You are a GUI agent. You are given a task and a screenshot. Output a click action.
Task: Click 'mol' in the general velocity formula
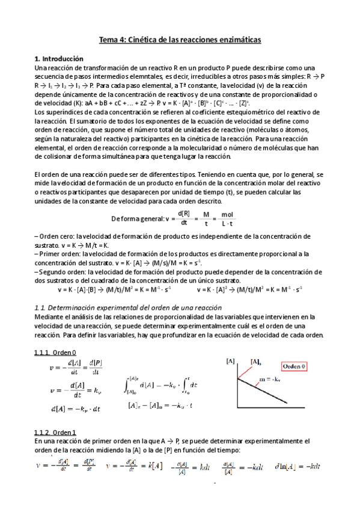coord(227,214)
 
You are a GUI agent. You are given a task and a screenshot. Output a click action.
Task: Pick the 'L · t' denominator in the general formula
coord(227,223)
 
